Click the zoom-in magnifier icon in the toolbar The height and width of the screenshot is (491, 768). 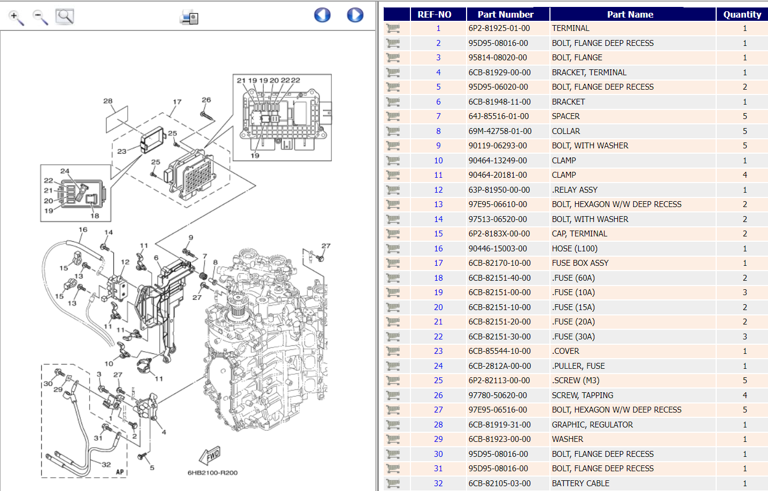[17, 17]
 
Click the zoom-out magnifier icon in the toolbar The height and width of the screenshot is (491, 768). [41, 17]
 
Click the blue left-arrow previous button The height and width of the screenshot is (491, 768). [322, 15]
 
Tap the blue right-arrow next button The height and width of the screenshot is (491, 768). [355, 15]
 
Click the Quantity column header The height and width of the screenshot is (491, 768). [742, 14]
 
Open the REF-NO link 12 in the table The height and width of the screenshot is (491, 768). [438, 190]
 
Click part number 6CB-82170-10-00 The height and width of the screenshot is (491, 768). [499, 263]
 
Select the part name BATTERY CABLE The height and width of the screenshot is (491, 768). [580, 484]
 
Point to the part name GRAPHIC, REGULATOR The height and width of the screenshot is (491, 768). [592, 425]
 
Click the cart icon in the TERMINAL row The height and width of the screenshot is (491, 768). [393, 28]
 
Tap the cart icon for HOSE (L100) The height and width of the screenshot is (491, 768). [393, 249]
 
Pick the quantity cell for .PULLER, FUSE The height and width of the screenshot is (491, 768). [744, 366]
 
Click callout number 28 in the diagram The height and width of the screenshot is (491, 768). [108, 101]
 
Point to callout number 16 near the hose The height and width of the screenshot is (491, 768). [83, 230]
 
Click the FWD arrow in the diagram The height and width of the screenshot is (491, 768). [210, 455]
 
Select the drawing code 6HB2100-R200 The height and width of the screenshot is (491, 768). [212, 473]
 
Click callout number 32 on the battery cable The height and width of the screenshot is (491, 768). [106, 464]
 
